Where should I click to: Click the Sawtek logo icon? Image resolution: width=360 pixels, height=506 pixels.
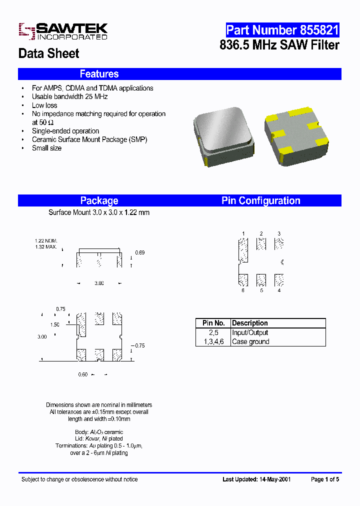click(x=26, y=31)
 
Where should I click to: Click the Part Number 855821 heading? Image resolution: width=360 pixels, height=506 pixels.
click(x=282, y=30)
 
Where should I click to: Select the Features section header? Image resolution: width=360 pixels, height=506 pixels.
click(x=99, y=74)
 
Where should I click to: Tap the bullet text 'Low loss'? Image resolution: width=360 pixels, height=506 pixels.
click(x=44, y=105)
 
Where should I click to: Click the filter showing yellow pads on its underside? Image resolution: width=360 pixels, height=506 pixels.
click(x=295, y=135)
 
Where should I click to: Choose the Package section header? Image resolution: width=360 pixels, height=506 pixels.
click(x=99, y=200)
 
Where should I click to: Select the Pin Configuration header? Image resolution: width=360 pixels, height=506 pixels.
click(x=260, y=200)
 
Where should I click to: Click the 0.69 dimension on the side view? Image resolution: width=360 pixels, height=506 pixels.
click(x=140, y=253)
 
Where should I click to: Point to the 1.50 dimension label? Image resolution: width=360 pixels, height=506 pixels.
click(x=55, y=325)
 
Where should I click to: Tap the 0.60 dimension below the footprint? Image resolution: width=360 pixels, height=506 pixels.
click(x=82, y=374)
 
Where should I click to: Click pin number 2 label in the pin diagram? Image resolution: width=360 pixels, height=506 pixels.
click(x=261, y=233)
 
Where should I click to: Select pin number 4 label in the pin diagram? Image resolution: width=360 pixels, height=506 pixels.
click(x=279, y=290)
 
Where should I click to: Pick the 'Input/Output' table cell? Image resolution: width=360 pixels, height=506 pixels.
click(x=250, y=332)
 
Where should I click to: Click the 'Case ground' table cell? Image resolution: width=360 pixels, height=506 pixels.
click(x=250, y=341)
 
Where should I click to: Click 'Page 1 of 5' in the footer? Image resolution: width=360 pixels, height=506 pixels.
click(x=325, y=479)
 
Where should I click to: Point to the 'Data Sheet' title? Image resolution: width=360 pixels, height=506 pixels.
click(x=48, y=53)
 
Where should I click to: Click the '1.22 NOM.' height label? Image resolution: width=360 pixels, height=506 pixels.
click(x=46, y=240)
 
